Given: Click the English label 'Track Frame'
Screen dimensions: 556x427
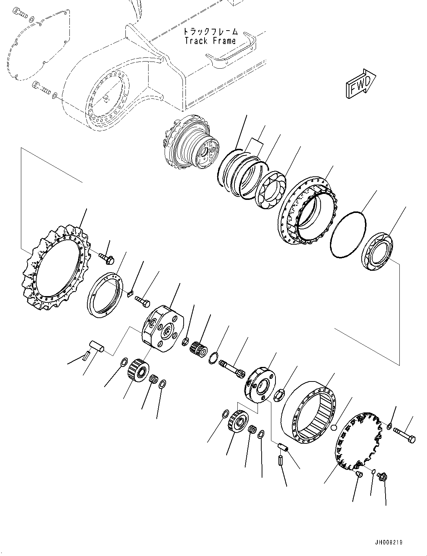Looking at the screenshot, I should [x=210, y=41].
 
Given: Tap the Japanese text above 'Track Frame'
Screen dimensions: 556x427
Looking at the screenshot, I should [x=210, y=32].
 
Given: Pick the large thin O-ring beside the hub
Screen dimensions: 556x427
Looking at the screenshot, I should [x=348, y=235].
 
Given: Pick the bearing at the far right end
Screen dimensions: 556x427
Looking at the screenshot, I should [x=377, y=251].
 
